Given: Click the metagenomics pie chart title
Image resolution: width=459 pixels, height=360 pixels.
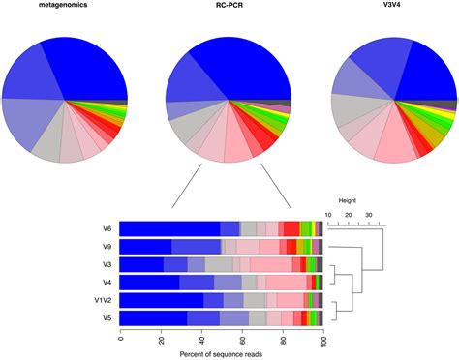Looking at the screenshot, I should (65, 6).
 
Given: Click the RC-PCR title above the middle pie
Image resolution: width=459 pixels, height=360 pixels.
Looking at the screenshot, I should (229, 6).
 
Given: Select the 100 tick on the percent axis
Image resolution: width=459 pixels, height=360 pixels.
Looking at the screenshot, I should (322, 340).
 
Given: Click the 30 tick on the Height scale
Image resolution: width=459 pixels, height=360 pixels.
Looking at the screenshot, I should (369, 214).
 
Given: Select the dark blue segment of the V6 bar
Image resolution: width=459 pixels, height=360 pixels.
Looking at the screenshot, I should (169, 228).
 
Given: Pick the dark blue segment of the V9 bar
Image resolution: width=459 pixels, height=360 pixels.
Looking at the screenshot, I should (146, 246).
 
